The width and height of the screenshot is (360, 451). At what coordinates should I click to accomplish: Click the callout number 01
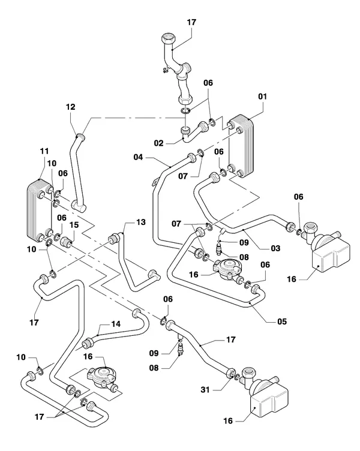click(x=262, y=97)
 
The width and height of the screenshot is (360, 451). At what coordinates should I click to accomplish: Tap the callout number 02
click(x=158, y=143)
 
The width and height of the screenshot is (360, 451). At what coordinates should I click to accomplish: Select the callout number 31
click(x=205, y=390)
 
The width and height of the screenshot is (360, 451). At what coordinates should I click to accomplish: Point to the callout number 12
click(x=71, y=107)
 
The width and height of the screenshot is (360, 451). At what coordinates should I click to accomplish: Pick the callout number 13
click(x=141, y=222)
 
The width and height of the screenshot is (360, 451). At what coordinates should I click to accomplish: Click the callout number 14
click(x=116, y=324)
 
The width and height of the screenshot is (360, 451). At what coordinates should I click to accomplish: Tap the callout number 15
click(x=74, y=225)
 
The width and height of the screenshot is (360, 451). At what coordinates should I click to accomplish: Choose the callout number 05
click(x=282, y=321)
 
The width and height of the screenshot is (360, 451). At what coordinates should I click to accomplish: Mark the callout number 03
click(x=275, y=248)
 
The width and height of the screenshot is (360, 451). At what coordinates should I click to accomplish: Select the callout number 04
click(x=138, y=157)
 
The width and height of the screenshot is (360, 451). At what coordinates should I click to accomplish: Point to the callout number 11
click(x=44, y=151)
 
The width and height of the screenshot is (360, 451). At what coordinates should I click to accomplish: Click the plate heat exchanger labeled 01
click(x=241, y=146)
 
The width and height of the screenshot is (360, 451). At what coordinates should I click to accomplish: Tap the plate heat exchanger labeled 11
click(x=40, y=209)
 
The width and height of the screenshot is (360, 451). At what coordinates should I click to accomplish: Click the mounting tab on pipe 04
click(x=155, y=182)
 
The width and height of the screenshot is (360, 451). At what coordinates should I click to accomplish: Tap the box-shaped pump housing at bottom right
click(x=269, y=402)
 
